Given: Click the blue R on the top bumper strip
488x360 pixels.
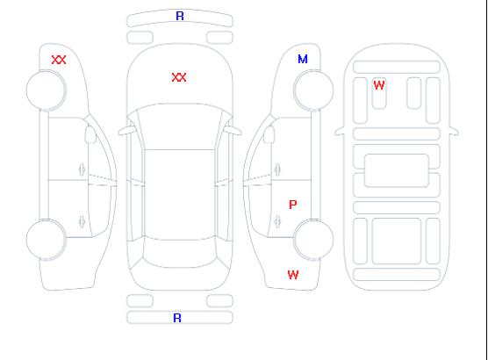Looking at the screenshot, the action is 180,16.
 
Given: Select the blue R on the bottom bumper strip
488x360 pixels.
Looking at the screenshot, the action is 177,318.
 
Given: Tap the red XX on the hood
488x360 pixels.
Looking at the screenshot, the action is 179,77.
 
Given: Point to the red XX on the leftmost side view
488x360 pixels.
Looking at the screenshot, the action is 59,60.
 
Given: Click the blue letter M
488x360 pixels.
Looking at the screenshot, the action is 303,59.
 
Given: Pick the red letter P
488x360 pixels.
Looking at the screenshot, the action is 293,205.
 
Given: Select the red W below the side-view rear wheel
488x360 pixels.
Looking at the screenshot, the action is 293,275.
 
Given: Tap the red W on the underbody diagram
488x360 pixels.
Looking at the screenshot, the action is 379,85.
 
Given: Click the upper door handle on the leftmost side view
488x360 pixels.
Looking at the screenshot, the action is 82,169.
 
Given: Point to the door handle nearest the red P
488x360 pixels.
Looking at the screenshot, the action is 277,221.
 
